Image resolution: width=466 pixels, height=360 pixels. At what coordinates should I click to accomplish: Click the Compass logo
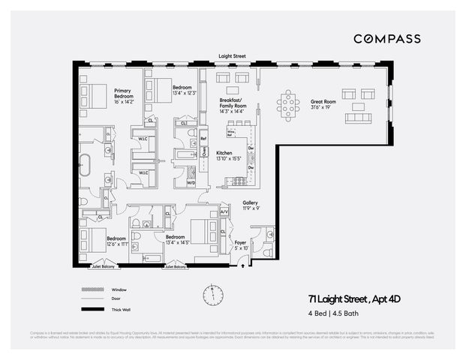coord(386,39)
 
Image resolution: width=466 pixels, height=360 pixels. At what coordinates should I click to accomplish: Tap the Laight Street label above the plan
coord(232,56)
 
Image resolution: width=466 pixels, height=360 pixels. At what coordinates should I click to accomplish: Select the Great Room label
coord(324,103)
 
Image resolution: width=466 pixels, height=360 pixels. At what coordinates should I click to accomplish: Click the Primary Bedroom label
coord(124,95)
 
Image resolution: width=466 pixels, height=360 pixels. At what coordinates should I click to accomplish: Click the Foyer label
coord(240,244)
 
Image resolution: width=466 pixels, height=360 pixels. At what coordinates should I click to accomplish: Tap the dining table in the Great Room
coord(287,105)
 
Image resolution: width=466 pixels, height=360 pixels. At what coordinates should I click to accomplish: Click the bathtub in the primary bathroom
coord(85,165)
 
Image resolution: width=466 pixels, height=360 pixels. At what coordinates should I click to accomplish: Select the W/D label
coord(191,182)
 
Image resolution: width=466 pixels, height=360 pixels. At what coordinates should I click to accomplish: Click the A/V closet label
coord(224,213)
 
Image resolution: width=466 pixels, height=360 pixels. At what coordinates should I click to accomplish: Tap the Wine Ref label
coord(231,133)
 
